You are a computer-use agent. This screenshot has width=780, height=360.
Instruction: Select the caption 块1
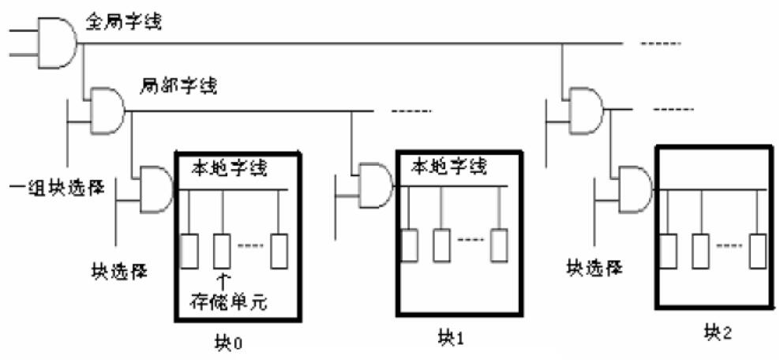451,337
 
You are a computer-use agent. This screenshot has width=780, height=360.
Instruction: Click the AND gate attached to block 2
636,189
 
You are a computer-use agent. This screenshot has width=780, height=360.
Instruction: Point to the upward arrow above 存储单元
223,278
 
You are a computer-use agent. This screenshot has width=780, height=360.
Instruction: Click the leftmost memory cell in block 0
189,250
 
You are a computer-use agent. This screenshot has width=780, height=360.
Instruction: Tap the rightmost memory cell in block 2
758,251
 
